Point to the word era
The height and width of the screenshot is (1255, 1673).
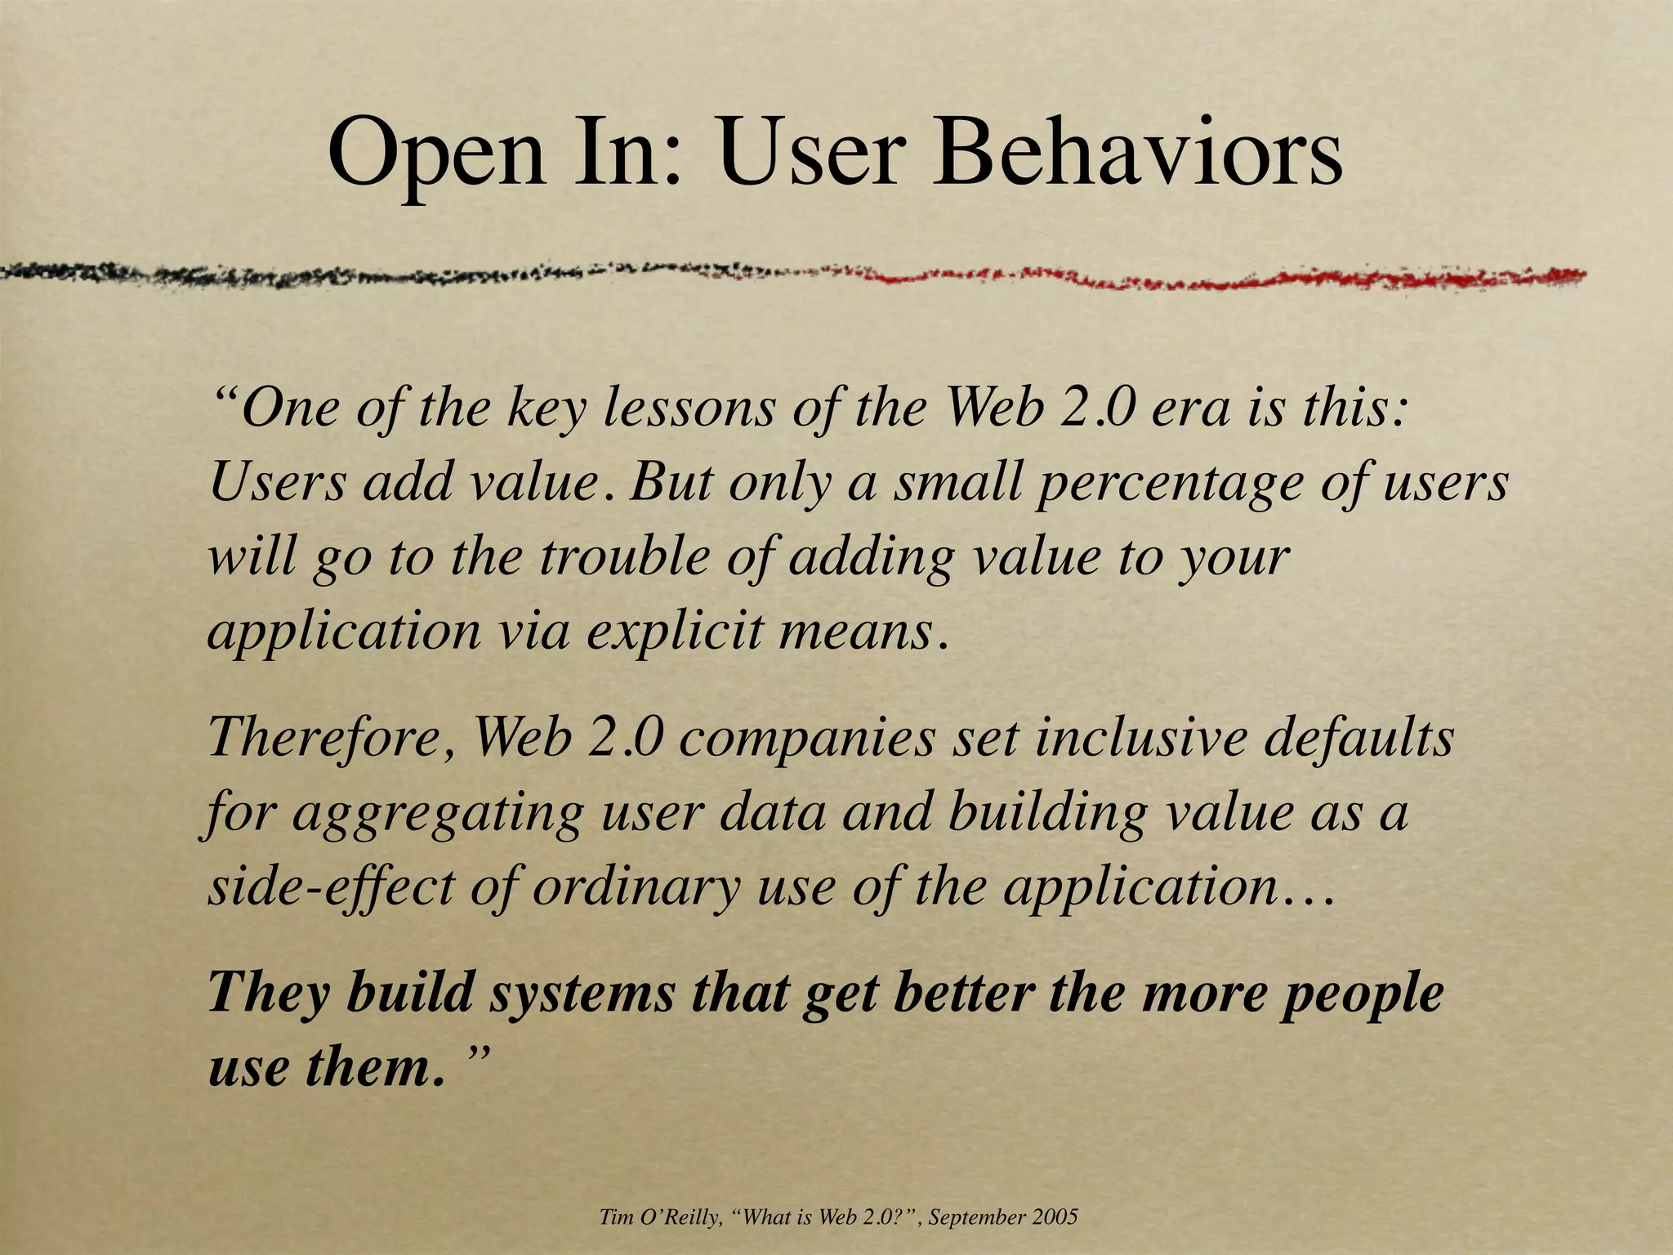tap(1190, 409)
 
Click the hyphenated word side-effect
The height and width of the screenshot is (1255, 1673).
tap(331, 887)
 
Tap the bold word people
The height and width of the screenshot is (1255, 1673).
tap(1362, 995)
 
